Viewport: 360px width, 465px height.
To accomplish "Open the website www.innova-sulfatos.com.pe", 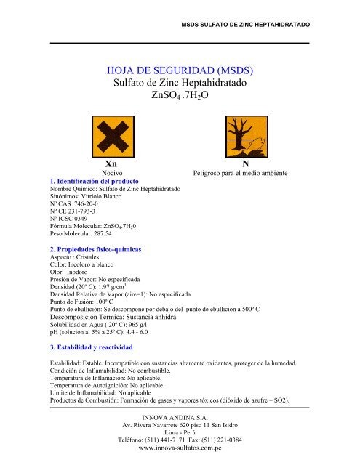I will [179, 450].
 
